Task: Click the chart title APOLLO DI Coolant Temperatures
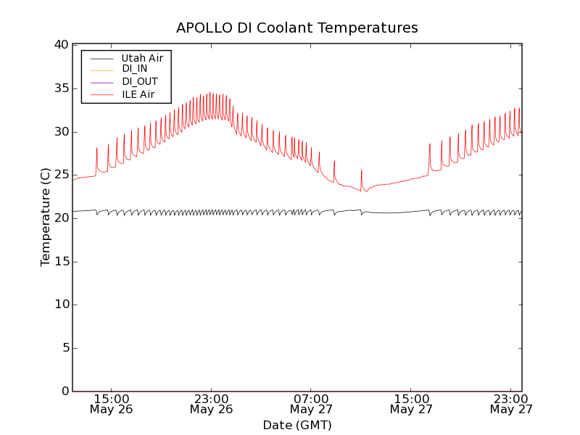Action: (x=297, y=28)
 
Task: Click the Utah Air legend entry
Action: (x=141, y=58)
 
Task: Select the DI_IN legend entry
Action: (x=134, y=69)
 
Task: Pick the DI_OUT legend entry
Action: (x=139, y=82)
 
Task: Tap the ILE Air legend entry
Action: (x=138, y=94)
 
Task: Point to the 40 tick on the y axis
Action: (x=60, y=45)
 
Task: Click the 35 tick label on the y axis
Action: (x=60, y=88)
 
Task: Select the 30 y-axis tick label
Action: (x=60, y=132)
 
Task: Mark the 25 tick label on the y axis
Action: (x=60, y=175)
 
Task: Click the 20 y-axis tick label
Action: (x=60, y=218)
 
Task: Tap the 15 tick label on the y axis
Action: (x=60, y=262)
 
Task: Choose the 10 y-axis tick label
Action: (x=60, y=304)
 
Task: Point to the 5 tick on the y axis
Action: (x=64, y=348)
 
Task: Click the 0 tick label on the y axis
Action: (x=64, y=391)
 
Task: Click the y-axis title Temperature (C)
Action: (x=46, y=217)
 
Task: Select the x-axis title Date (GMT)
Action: (x=297, y=426)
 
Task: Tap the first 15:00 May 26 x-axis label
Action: (x=111, y=404)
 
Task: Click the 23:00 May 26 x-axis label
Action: (x=211, y=404)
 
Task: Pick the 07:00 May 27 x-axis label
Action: (x=311, y=404)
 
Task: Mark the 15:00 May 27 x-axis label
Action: (x=411, y=404)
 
